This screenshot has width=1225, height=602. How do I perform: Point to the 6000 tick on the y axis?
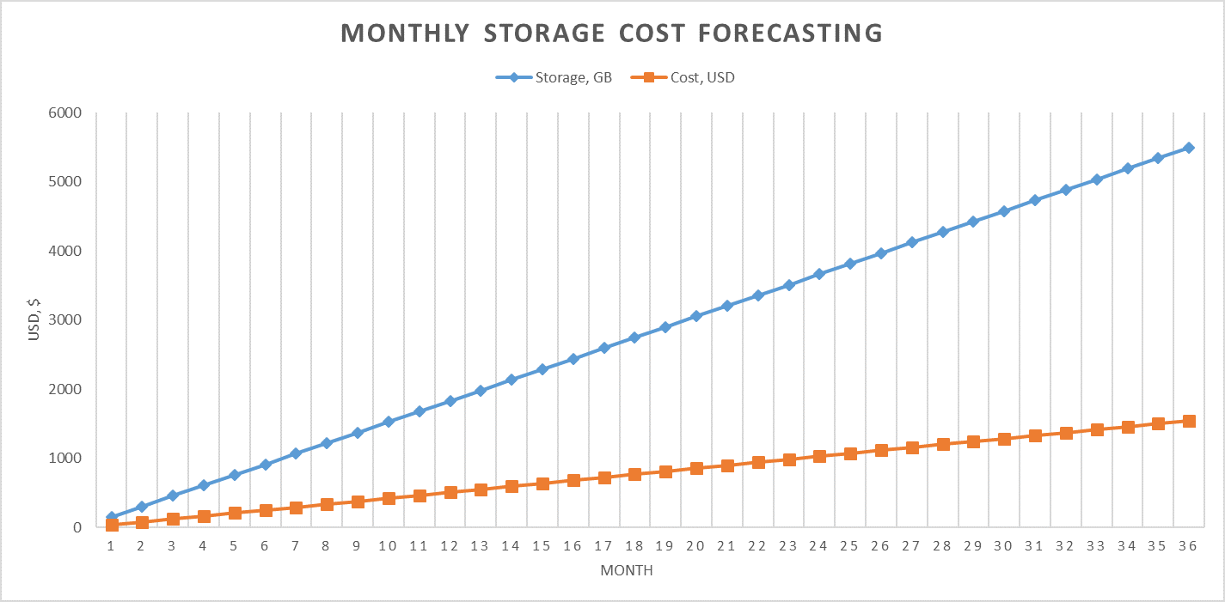tap(64, 113)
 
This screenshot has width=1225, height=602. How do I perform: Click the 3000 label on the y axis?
tap(64, 320)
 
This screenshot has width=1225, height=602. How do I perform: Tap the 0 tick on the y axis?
tap(76, 527)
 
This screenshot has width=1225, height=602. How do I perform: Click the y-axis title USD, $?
tap(34, 319)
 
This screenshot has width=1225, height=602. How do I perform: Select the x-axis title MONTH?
tap(626, 571)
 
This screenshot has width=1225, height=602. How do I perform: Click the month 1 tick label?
tap(111, 547)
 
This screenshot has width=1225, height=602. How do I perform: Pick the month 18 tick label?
tap(634, 547)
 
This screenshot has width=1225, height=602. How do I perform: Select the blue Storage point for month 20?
tap(696, 316)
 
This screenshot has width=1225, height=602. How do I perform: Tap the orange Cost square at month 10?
tap(389, 498)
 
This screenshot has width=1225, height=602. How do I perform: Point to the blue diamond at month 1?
tap(111, 518)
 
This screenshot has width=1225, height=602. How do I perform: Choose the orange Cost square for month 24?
tap(819, 456)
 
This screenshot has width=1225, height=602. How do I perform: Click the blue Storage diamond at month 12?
tap(450, 401)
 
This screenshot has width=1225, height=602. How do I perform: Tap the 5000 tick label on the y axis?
tap(64, 182)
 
